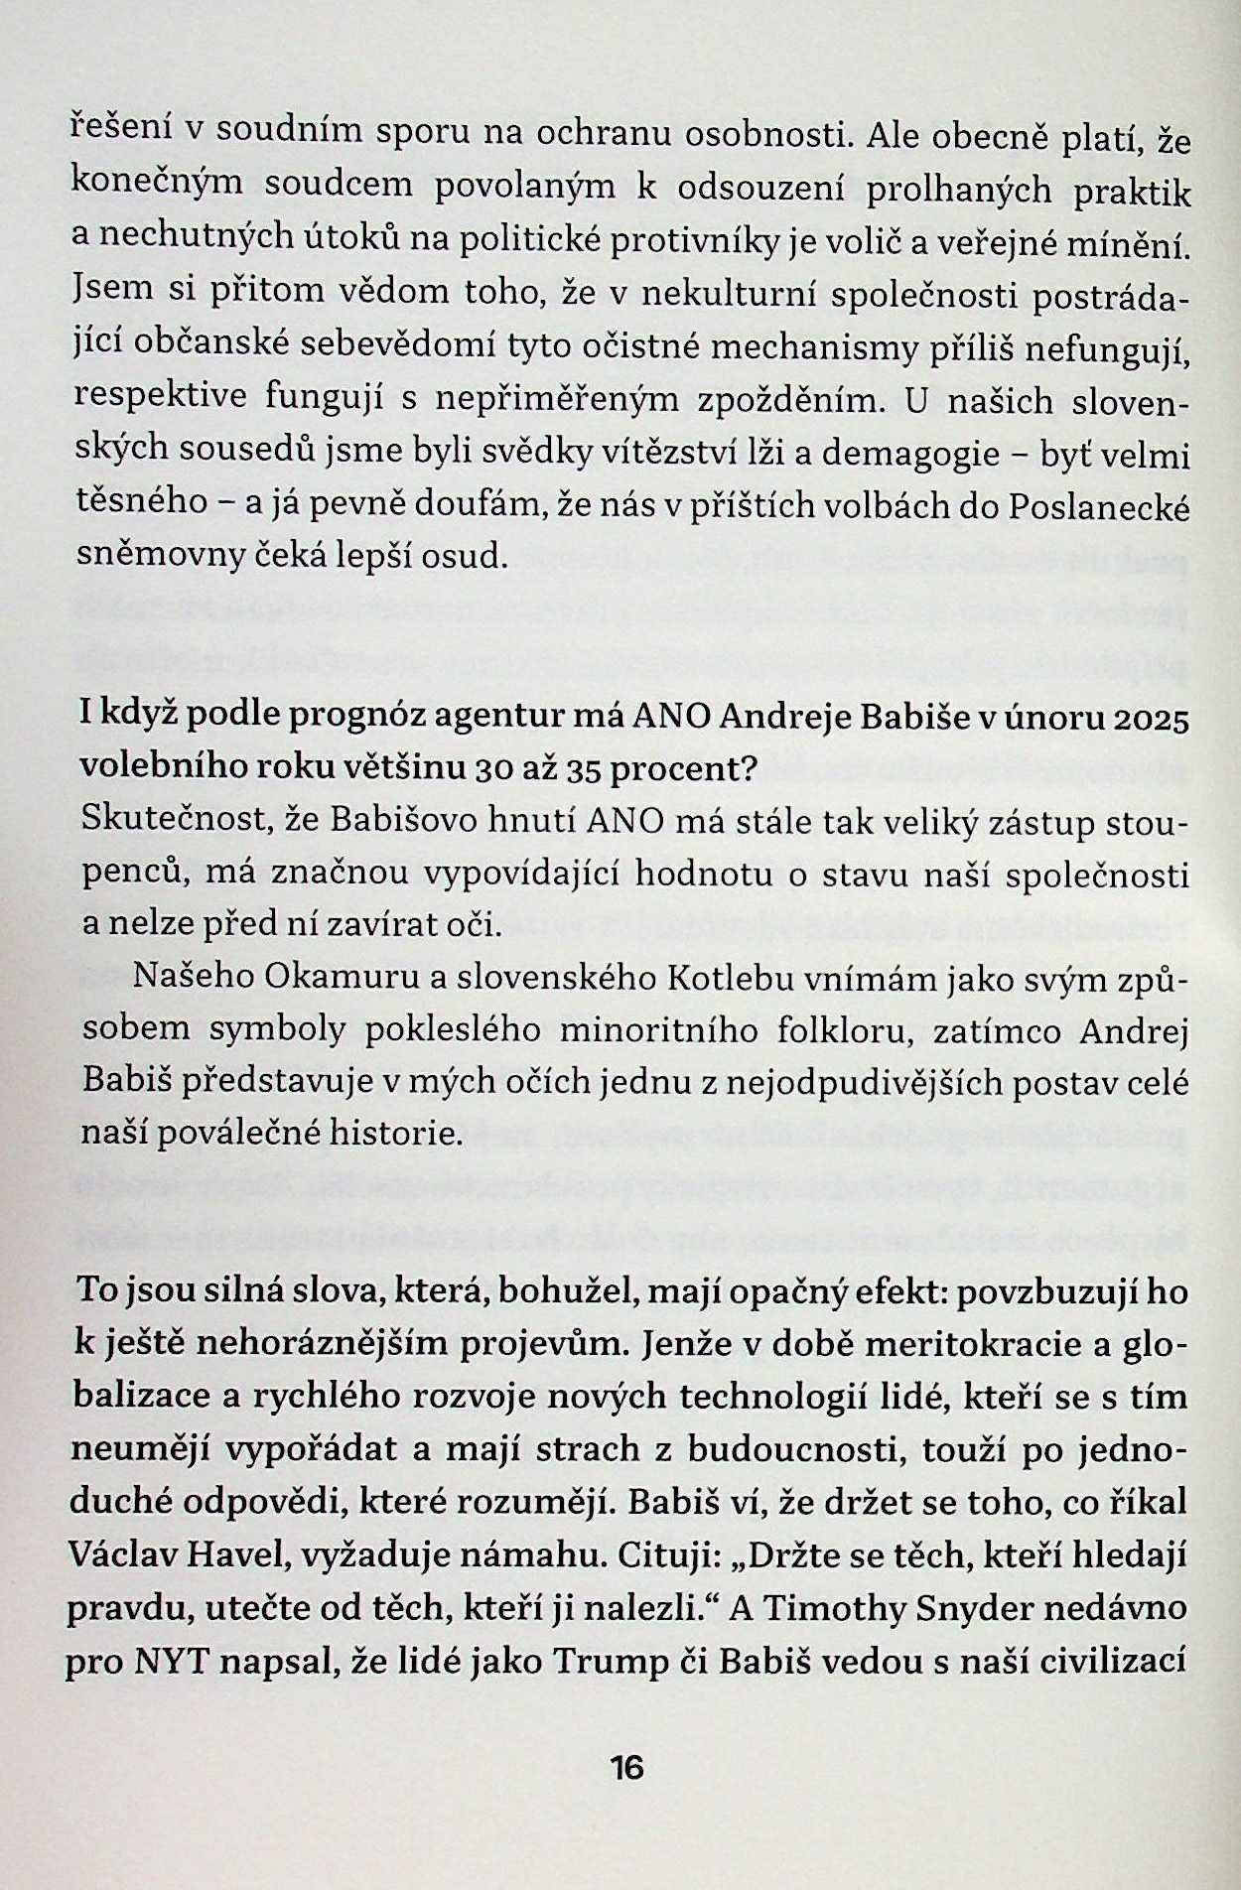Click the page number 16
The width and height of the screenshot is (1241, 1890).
627,1768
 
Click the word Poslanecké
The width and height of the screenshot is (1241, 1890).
1100,507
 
